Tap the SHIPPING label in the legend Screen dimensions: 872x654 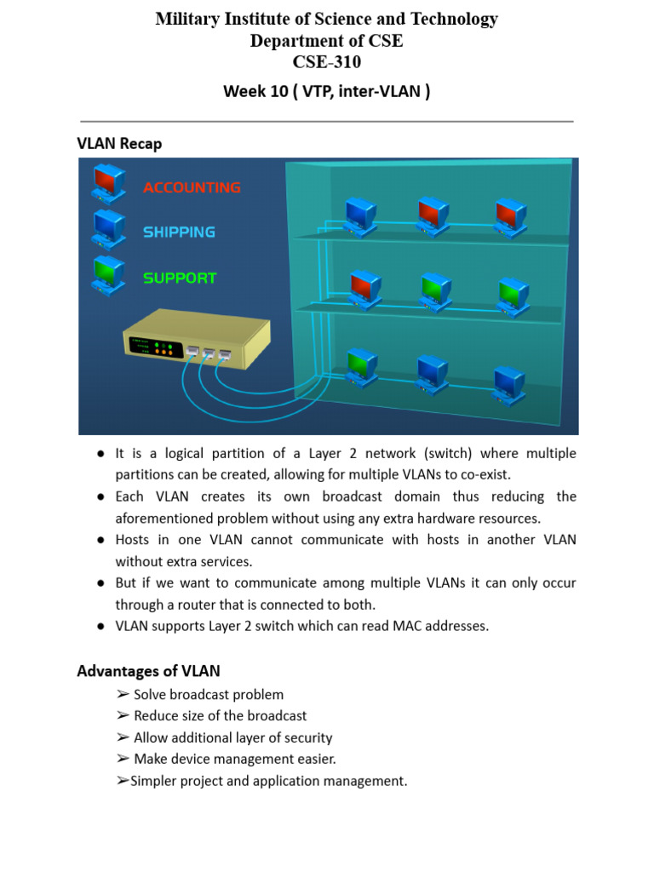click(x=179, y=232)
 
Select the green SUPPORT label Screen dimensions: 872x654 click(x=180, y=278)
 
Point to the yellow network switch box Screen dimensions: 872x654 click(x=198, y=340)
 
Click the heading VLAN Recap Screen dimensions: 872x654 click(x=119, y=144)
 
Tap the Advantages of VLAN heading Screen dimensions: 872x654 click(x=148, y=671)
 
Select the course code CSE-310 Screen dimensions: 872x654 click(x=326, y=61)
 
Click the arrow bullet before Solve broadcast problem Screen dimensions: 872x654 click(x=123, y=695)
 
